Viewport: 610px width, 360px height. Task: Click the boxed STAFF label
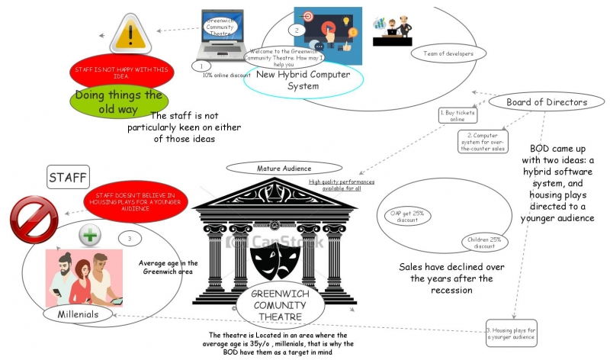tap(69, 178)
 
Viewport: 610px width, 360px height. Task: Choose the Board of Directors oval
tap(547, 102)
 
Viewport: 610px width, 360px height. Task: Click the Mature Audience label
tap(272, 168)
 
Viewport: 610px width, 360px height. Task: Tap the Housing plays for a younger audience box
tap(512, 334)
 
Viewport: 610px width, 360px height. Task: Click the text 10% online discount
tap(226, 75)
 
